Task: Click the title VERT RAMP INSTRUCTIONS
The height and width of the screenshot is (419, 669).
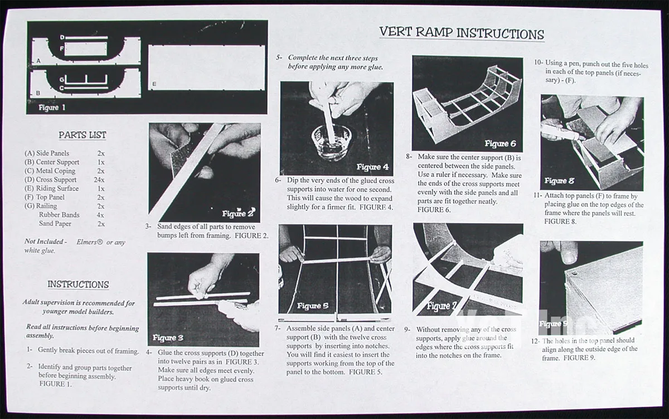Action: (x=462, y=33)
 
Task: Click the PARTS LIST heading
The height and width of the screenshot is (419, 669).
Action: (x=82, y=135)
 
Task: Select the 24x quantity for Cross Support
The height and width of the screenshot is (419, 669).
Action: (x=99, y=180)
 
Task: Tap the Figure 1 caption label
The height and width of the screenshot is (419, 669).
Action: (x=52, y=107)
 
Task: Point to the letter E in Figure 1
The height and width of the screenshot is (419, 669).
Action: (x=154, y=84)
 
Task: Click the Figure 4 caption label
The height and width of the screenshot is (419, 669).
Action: (x=372, y=167)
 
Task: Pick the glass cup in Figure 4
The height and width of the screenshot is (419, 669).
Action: (x=332, y=141)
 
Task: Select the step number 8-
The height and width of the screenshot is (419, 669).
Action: (x=409, y=157)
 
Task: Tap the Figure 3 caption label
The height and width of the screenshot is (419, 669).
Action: (x=168, y=338)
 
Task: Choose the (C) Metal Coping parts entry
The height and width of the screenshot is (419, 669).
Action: (x=50, y=171)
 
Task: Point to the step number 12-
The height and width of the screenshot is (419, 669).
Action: (x=535, y=341)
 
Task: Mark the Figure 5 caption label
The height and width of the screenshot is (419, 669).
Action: (x=313, y=306)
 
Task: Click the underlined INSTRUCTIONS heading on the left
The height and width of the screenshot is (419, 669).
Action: (x=78, y=285)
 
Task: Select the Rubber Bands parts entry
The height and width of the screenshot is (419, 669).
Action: (x=59, y=215)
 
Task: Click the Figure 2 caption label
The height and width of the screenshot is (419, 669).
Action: (x=239, y=213)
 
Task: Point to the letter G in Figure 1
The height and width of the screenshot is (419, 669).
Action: (x=62, y=79)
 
